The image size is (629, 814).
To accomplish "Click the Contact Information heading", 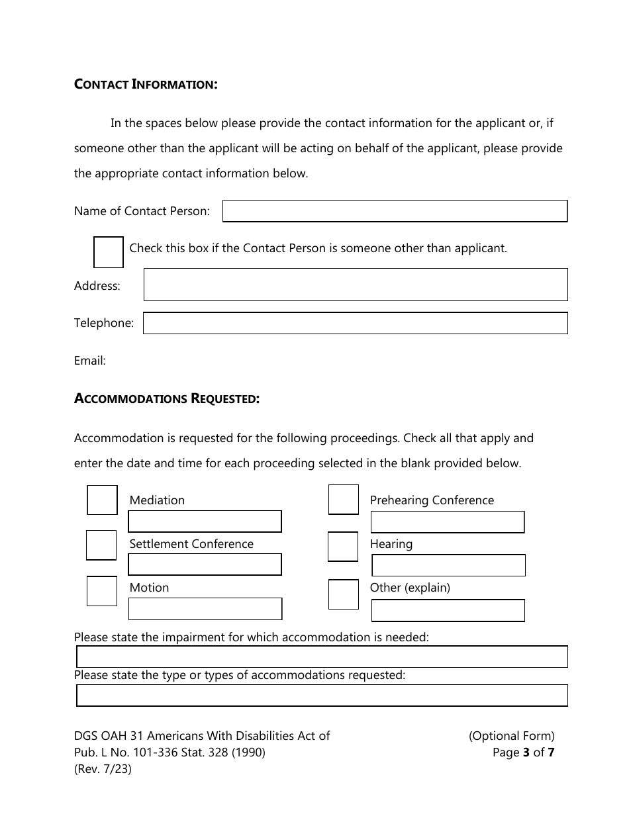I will click(x=146, y=84).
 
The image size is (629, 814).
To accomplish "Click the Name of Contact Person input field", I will click(x=395, y=211).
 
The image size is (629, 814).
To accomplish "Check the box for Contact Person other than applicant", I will click(x=109, y=252).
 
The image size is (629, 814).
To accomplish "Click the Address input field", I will click(x=356, y=285).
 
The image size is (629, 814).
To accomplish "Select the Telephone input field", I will click(x=356, y=323).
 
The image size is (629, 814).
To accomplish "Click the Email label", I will click(x=90, y=361).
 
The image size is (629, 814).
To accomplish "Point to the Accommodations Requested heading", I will click(x=167, y=398).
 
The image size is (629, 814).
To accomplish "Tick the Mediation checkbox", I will click(x=103, y=500).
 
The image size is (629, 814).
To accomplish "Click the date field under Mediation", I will click(x=205, y=521).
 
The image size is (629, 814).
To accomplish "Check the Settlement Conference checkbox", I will click(x=101, y=545).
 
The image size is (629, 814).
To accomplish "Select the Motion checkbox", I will click(x=102, y=591).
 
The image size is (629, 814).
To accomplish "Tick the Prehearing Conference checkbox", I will click(x=343, y=500).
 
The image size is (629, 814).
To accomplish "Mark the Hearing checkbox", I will click(x=343, y=547).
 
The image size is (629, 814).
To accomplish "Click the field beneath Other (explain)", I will click(x=448, y=610).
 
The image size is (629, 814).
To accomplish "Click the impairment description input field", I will click(x=322, y=656).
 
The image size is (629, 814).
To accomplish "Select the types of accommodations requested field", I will click(x=322, y=696).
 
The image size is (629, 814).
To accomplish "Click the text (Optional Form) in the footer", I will click(x=511, y=735).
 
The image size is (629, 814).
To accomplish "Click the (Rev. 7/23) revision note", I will click(x=103, y=770).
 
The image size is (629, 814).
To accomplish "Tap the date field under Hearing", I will click(x=448, y=565).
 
